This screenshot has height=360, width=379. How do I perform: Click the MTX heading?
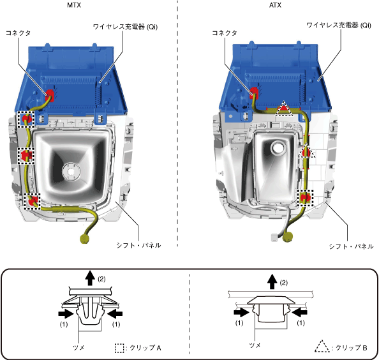coord(74,5)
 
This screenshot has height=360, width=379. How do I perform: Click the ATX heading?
coord(275,5)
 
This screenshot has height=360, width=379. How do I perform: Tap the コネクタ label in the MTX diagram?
coord(18,33)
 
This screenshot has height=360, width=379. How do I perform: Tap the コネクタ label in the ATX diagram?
coord(225,33)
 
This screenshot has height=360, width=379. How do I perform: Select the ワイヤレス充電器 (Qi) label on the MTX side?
coord(125,27)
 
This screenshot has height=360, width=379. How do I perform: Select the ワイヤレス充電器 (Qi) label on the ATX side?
coord(339,25)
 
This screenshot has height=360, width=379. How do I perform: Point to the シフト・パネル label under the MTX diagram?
coord(138,245)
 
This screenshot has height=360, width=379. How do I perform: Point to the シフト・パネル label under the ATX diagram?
coord(351,246)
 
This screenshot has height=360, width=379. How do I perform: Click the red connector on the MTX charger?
coord(50,95)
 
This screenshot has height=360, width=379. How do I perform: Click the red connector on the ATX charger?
coord(254,93)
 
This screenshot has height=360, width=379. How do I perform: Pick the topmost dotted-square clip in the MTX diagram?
coord(26,119)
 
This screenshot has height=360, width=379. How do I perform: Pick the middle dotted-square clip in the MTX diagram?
coord(26,156)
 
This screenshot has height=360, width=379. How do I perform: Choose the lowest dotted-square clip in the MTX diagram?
coord(33,201)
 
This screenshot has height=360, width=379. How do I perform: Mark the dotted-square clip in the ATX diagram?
coord(305,198)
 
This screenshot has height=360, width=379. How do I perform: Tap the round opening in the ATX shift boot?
coord(278,147)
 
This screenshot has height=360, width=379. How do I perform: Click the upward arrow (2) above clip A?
coord(91,278)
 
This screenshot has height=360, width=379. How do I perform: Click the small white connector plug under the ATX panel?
coord(274,237)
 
